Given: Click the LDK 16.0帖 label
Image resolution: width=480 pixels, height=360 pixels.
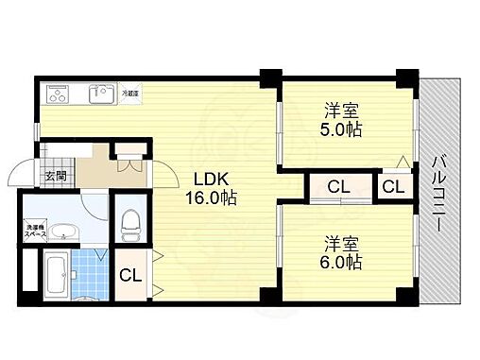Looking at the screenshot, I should tap(215, 189).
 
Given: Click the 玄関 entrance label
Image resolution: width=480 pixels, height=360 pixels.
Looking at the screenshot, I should tap(54, 175).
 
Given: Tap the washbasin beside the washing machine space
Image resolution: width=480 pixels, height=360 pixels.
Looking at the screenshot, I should tap(63, 232).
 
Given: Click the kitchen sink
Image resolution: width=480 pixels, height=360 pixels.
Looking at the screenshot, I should tap(101, 94).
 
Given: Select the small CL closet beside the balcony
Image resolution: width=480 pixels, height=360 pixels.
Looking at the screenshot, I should tap(393, 186).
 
